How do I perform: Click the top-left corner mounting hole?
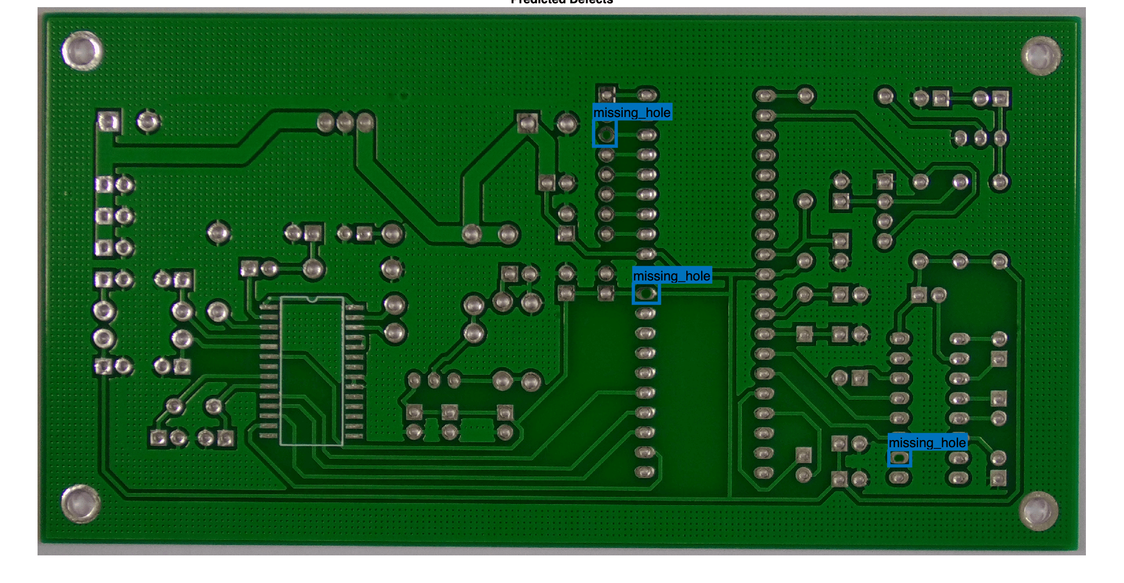coord(82,50)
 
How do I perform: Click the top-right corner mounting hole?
coord(1041,55)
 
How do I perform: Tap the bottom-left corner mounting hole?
coord(81,504)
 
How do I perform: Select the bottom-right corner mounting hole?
coord(1038,511)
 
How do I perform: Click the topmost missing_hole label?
coord(632,113)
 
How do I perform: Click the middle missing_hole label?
coord(672,276)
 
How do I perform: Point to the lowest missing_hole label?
coord(927,443)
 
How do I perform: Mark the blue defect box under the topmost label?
coord(605,134)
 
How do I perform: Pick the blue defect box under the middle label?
coord(646,294)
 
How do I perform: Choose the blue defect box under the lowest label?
coord(899,458)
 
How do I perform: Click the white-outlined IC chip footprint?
coord(312,371)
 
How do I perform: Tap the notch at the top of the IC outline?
coord(312,299)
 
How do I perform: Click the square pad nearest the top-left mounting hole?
coord(108,121)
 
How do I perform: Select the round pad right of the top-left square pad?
coord(148,121)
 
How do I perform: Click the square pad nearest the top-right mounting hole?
coord(1000,99)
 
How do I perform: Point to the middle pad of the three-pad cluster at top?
coord(345,122)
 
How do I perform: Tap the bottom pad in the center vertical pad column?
coord(645,472)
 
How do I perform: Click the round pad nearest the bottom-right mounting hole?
coord(998,458)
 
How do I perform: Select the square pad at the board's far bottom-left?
coord(158,438)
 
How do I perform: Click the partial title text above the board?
coord(561,2)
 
